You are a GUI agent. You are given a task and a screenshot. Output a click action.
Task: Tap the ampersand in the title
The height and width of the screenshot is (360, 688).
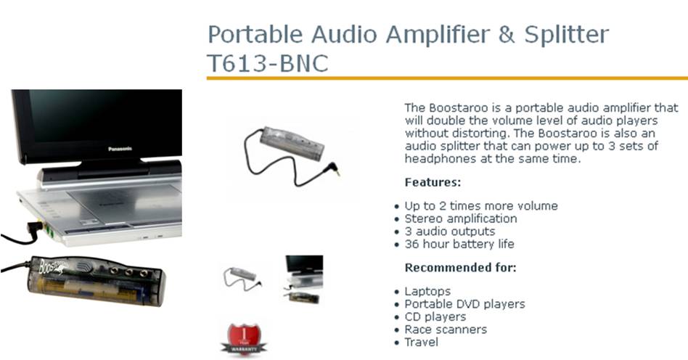click(506, 34)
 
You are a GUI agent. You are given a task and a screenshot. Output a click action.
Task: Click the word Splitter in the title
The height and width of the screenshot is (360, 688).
click(567, 34)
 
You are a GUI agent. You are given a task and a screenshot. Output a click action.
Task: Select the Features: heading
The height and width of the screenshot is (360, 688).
click(433, 182)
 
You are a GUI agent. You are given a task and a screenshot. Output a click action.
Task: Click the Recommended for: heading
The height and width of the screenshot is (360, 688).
click(460, 267)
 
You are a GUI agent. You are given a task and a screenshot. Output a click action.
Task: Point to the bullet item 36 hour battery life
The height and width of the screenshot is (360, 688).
click(459, 244)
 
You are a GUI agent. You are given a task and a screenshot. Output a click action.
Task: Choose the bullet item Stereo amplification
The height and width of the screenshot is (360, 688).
click(460, 218)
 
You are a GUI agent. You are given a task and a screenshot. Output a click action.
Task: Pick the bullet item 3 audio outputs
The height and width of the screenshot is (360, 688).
click(449, 232)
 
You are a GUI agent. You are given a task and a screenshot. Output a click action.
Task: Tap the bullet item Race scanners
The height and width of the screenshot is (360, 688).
click(446, 330)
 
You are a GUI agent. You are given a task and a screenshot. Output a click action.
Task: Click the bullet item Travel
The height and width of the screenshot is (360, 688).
click(421, 342)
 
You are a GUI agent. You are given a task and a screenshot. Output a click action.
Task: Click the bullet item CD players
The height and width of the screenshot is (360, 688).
click(435, 316)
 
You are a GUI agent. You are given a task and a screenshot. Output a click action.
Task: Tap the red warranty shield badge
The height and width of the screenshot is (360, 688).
click(244, 339)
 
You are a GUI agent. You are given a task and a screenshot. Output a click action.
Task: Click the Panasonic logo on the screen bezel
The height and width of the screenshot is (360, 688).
click(120, 149)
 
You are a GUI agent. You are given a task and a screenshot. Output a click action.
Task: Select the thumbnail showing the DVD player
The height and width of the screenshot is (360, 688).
click(303, 279)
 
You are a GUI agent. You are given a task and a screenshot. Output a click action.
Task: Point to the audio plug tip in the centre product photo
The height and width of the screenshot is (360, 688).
click(338, 174)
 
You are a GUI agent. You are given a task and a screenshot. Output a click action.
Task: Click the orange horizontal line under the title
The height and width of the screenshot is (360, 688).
click(447, 78)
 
